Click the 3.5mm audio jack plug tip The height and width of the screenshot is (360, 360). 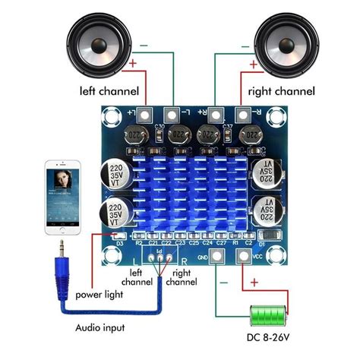(x=59, y=245)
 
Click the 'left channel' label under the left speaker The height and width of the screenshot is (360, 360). (x=109, y=92)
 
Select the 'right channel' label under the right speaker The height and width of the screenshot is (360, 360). (x=281, y=92)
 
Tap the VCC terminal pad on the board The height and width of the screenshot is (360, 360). (x=244, y=257)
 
